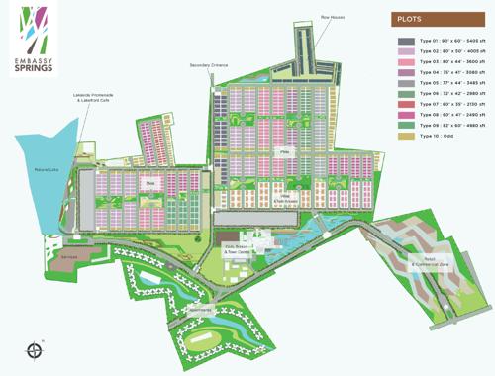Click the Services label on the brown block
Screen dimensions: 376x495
coord(96,256)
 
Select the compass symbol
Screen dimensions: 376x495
coord(38,348)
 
